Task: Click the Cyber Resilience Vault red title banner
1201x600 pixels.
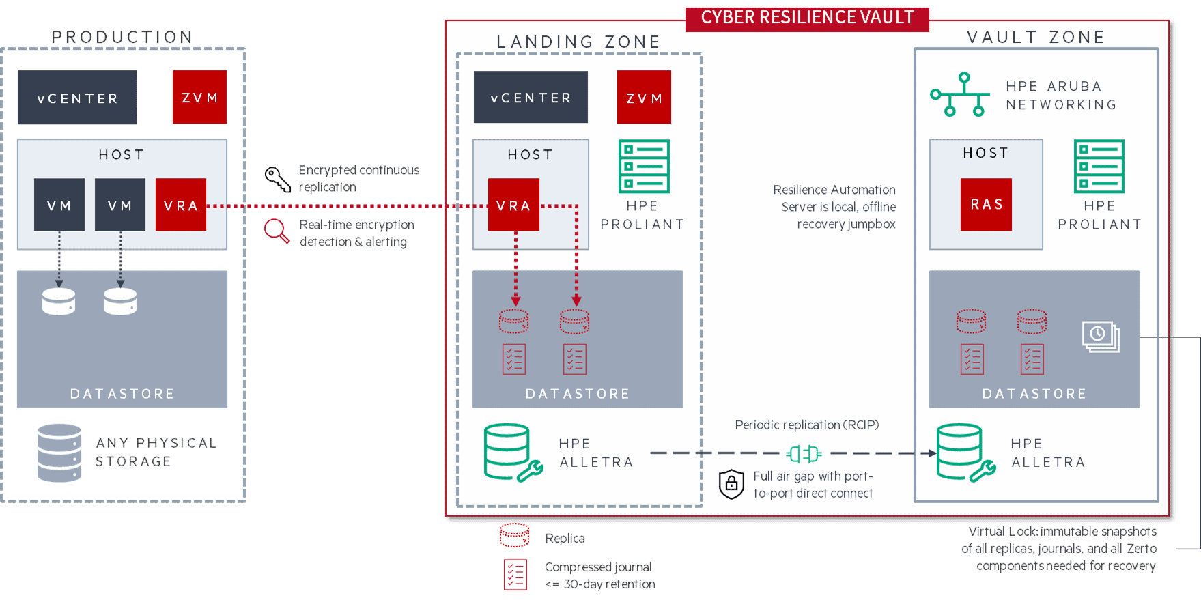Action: [807, 18]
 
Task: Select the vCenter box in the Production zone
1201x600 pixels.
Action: [77, 98]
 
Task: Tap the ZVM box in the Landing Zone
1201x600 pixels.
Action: [644, 98]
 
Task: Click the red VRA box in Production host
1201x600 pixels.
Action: [181, 205]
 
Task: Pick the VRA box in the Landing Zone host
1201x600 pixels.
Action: [513, 205]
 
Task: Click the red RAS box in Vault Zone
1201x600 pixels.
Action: [986, 205]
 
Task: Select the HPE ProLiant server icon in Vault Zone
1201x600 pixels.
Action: [1099, 167]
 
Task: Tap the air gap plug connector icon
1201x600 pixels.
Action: [804, 453]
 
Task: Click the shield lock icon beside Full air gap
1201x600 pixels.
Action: [731, 484]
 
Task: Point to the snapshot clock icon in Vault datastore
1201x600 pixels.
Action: [1100, 336]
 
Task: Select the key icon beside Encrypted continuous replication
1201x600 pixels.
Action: [277, 179]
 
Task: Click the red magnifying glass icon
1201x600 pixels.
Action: [277, 231]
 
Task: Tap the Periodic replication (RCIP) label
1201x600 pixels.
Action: [806, 425]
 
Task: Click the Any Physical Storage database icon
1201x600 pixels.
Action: [59, 453]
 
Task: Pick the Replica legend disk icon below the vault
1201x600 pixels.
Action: [514, 535]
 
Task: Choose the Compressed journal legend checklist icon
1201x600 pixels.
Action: [515, 574]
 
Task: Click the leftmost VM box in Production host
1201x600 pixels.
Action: [59, 205]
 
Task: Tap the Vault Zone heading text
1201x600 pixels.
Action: [1035, 37]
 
